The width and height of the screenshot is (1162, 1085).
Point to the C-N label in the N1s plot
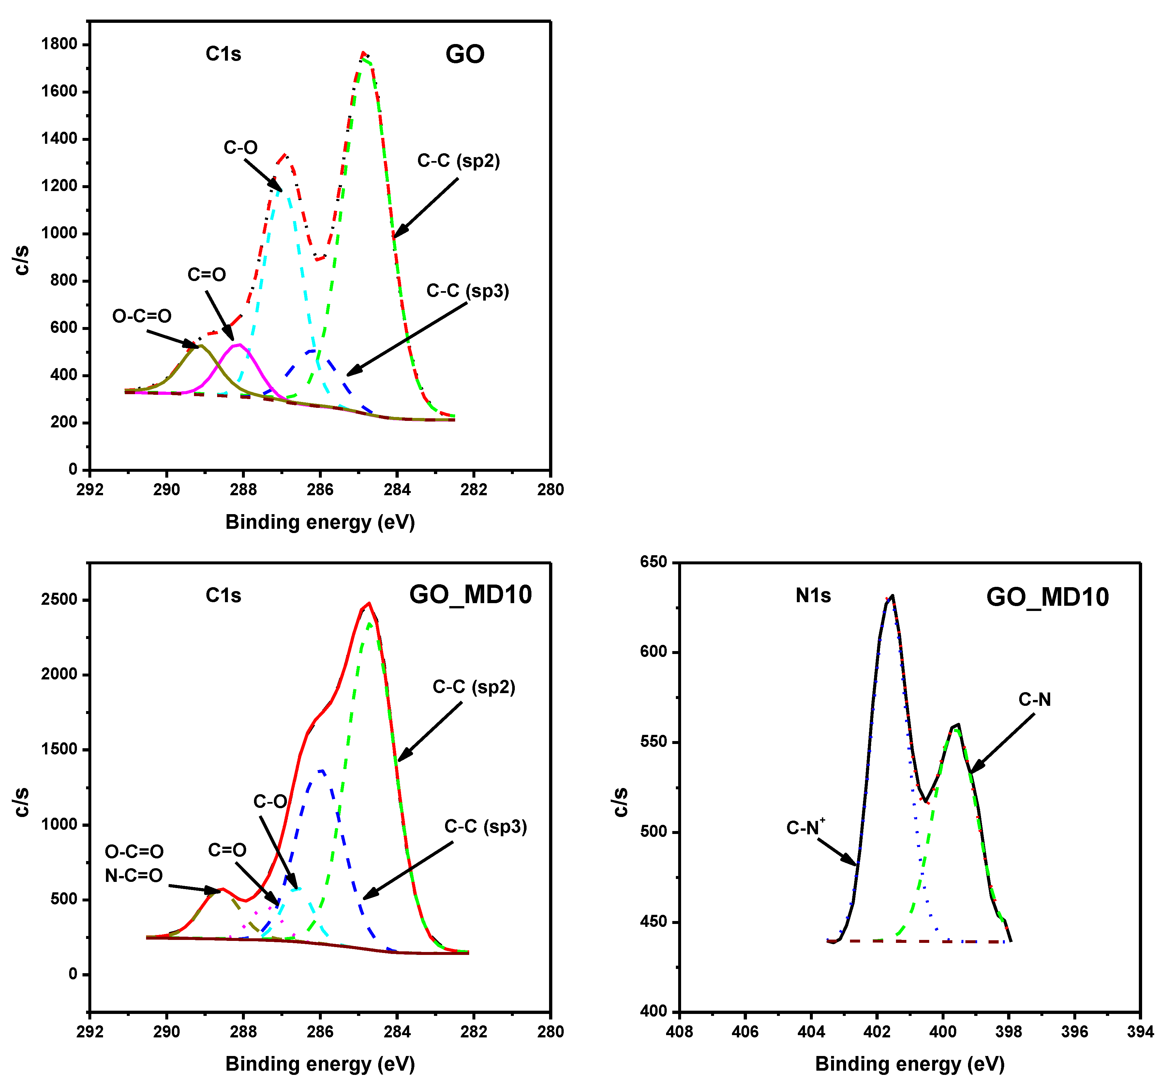coord(1034,700)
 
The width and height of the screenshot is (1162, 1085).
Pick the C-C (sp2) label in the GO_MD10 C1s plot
coord(473,687)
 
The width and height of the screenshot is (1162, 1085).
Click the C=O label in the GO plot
coord(206,275)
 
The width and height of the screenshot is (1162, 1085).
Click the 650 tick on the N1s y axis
coord(653,562)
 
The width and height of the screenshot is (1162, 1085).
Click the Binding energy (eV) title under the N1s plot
coord(910,1064)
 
